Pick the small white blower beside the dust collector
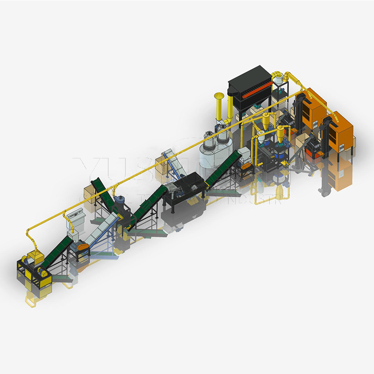coord(281,82)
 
